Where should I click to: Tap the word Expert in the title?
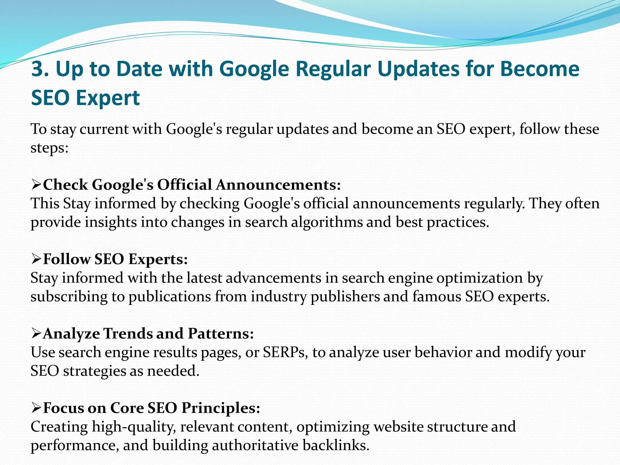(x=107, y=98)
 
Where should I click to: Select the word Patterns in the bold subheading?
(x=220, y=333)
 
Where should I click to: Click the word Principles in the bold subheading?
(x=220, y=408)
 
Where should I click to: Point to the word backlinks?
(x=336, y=445)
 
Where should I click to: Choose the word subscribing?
(x=69, y=296)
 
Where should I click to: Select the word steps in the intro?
(x=49, y=148)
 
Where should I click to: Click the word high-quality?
(x=134, y=427)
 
